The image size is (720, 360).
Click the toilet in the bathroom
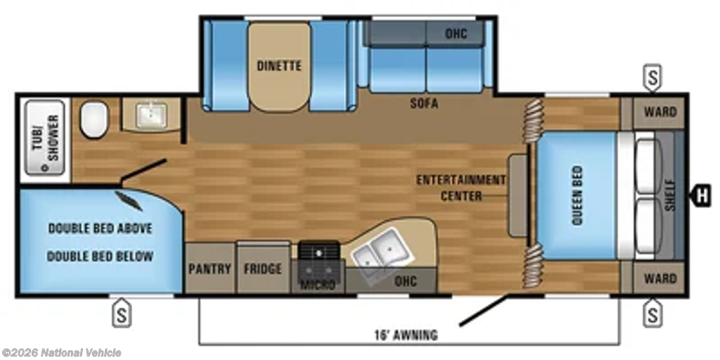(x=94, y=120)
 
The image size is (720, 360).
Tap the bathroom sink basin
(x=151, y=115)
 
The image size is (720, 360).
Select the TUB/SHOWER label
(x=46, y=138)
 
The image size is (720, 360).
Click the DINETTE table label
(x=279, y=65)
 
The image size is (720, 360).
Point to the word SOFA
(x=424, y=104)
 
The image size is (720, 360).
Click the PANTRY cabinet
(x=210, y=268)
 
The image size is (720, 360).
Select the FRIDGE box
(x=263, y=268)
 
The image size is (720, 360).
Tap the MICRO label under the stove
(x=318, y=285)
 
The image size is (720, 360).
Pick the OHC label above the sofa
(x=456, y=34)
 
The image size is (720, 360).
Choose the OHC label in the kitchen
(x=406, y=280)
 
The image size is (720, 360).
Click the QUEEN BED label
(x=577, y=195)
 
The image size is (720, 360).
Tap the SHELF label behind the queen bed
(x=670, y=195)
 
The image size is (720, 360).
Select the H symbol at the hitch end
(x=701, y=195)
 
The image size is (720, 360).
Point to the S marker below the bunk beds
(x=122, y=313)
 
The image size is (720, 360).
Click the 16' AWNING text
(x=406, y=335)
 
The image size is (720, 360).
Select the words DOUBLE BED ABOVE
(x=100, y=229)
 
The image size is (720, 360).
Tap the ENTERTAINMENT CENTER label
(x=461, y=188)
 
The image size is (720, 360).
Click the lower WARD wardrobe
(x=660, y=278)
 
